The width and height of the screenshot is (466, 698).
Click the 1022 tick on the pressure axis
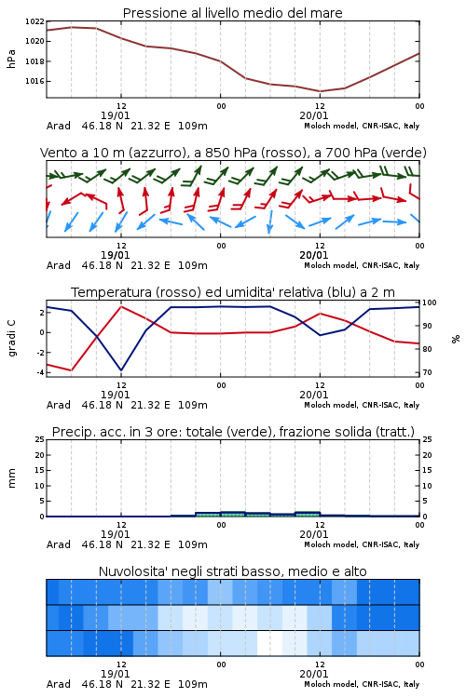pos(34,21)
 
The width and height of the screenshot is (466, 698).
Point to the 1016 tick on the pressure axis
pos(34,81)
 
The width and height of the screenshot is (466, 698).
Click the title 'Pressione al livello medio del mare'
pos(233,13)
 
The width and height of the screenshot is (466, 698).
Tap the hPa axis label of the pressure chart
pos(11,59)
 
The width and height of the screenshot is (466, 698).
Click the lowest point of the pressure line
pos(320,91)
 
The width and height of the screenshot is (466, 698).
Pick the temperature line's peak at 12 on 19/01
pos(121,306)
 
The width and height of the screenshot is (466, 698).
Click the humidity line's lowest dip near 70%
pos(121,369)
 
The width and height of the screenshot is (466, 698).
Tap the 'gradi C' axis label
pos(11,338)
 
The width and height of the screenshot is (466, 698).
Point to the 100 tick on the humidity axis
pos(430,302)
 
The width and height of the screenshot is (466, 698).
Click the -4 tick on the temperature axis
pos(40,372)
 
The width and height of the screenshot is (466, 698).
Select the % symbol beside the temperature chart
pos(456,339)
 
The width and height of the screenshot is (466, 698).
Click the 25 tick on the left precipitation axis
pos(40,439)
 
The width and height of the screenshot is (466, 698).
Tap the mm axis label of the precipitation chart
pos(11,477)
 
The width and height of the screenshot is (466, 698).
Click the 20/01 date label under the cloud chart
pos(314,674)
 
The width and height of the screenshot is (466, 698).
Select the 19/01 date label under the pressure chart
pos(115,115)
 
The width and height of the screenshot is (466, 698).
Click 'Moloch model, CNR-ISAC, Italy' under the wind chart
pos(362,265)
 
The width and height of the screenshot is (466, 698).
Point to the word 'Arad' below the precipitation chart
pos(59,544)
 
